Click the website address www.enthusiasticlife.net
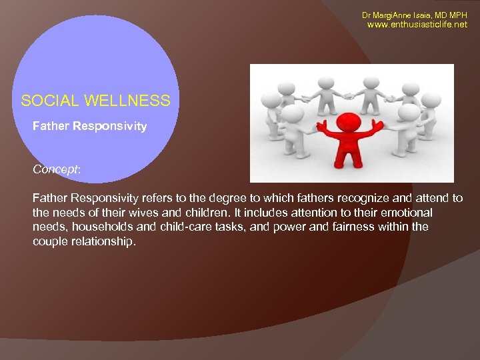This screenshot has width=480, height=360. [x=418, y=25]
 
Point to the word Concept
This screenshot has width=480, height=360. [x=55, y=169]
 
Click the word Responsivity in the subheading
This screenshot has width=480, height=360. [x=111, y=125]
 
